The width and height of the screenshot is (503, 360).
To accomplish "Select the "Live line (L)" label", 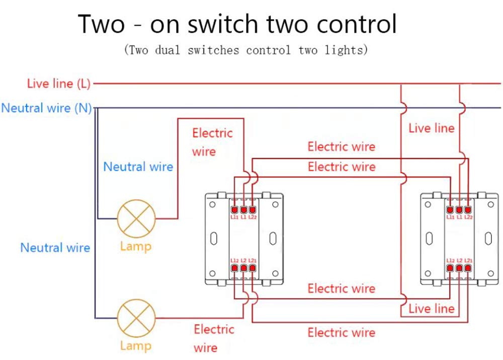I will point(58,84).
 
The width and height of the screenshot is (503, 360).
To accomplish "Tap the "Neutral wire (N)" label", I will point(46,108).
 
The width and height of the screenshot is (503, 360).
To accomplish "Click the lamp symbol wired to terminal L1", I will point(135,219).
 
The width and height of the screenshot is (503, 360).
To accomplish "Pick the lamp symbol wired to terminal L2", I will point(135,319).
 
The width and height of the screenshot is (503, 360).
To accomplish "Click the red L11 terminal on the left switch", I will point(234,209).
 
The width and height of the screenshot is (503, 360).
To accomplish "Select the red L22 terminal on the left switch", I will point(252,209).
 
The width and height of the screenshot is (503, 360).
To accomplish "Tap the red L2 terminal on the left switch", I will point(243,268).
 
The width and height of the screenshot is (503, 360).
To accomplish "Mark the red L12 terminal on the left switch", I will point(234,268).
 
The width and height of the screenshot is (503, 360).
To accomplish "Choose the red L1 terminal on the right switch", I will point(459,209).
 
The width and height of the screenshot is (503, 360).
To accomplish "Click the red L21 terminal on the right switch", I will point(468,268).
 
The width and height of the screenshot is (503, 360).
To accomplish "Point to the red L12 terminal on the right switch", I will point(450,268).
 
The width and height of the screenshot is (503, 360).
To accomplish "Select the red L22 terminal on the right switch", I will point(468,209).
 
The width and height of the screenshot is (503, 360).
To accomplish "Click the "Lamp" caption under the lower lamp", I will point(135,346).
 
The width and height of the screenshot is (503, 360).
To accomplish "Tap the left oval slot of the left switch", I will point(214,238).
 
